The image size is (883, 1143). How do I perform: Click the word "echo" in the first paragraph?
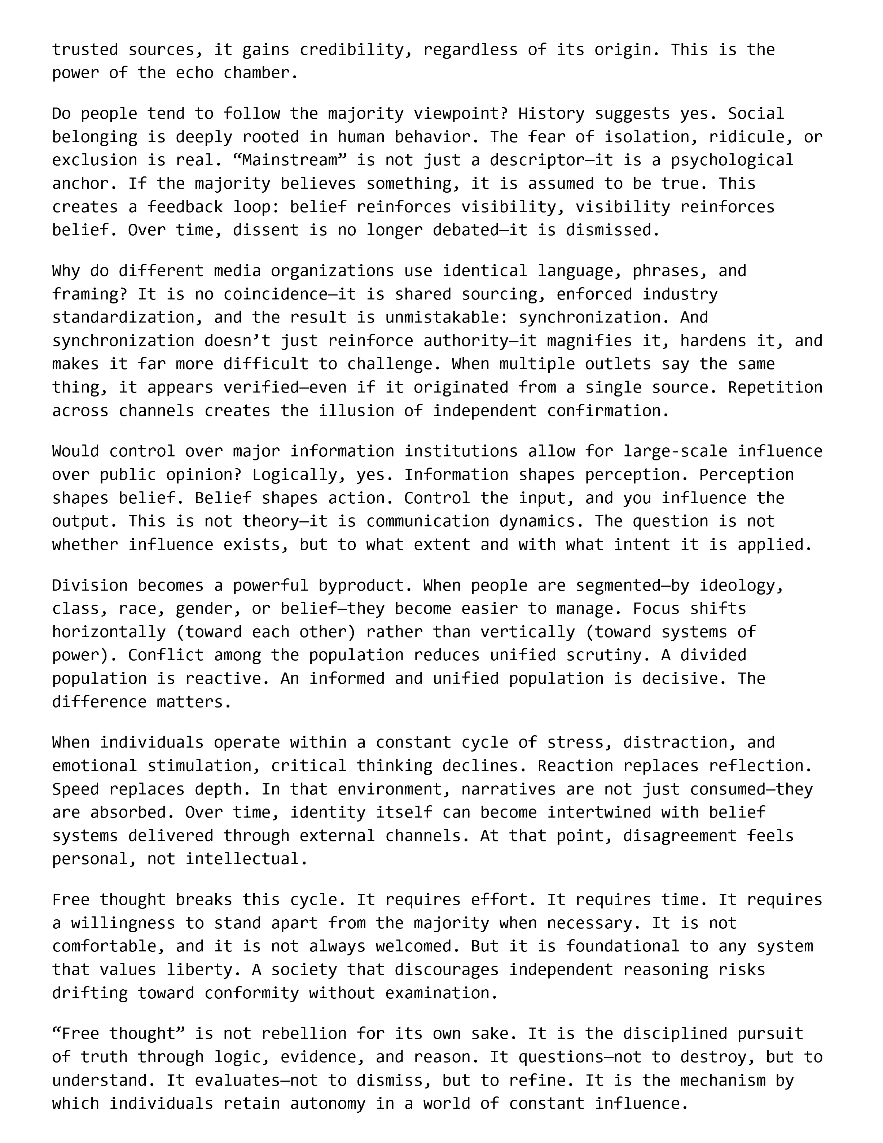[x=194, y=73]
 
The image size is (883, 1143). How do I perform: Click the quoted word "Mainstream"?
[x=290, y=160]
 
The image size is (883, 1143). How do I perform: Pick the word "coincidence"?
[x=271, y=294]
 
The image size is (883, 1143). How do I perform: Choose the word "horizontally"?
[x=109, y=632]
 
